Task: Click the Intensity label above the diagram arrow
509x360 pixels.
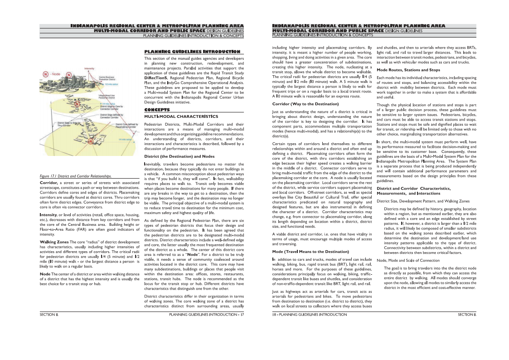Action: tap(89, 68)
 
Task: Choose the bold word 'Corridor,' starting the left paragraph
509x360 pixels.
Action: tap(48, 182)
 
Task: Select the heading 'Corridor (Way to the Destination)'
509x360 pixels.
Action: tap(305, 104)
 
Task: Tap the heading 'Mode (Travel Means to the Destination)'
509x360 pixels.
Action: tap(310, 251)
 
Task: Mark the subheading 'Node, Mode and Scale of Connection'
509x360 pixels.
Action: tap(408, 261)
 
